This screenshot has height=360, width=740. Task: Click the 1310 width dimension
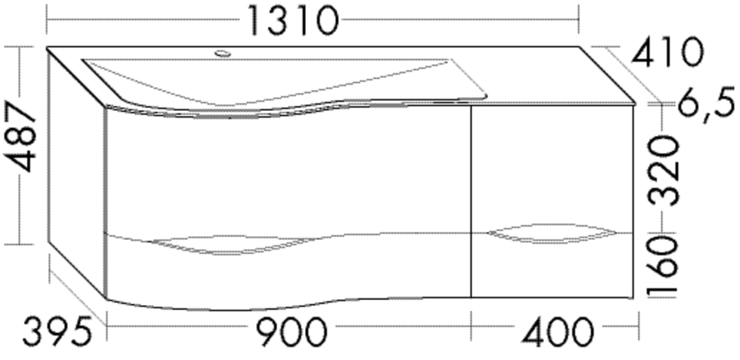point(293,21)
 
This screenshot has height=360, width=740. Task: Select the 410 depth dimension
point(668,52)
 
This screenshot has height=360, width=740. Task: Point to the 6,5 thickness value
point(706,107)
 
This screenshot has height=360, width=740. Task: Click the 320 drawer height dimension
point(664,170)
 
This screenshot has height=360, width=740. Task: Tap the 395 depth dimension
point(57,332)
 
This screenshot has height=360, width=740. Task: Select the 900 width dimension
point(291,332)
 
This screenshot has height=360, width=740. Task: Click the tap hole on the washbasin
point(223,53)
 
